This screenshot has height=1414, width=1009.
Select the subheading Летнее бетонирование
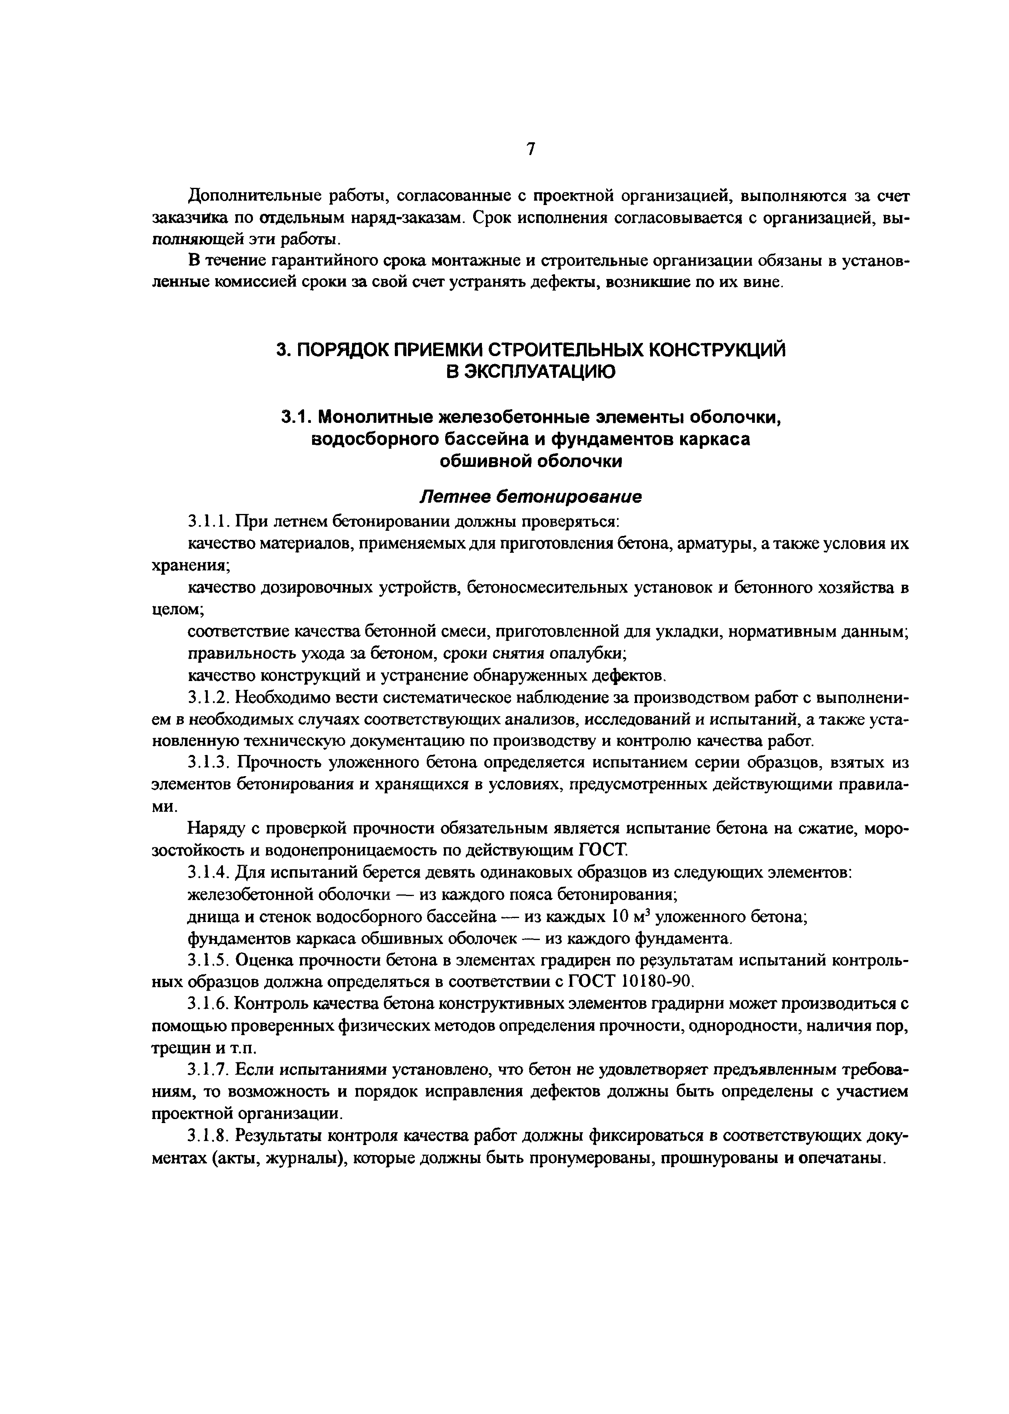coord(531,497)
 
